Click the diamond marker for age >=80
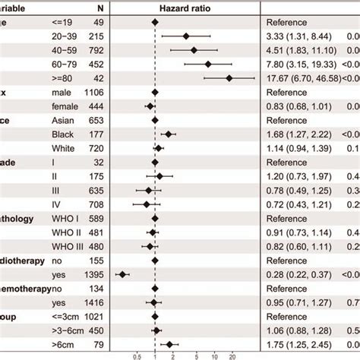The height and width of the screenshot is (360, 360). (229, 77)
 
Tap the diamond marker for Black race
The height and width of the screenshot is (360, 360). (168, 134)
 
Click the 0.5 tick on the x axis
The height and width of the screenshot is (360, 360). (137, 355)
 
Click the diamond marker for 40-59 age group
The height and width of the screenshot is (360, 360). (194, 50)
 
